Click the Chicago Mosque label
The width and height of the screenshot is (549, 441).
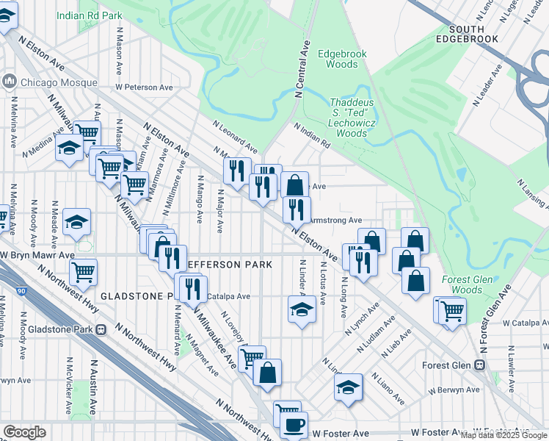(x=50, y=82)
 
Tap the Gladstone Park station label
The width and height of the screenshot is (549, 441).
(x=65, y=329)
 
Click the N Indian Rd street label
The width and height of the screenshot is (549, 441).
(x=313, y=135)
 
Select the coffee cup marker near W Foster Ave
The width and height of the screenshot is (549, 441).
(x=294, y=426)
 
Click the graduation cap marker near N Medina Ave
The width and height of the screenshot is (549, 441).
(x=69, y=150)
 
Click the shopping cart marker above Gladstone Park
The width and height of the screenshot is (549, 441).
(x=83, y=272)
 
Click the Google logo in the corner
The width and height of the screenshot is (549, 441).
(x=24, y=432)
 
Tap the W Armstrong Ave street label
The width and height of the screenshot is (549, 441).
(x=336, y=220)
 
